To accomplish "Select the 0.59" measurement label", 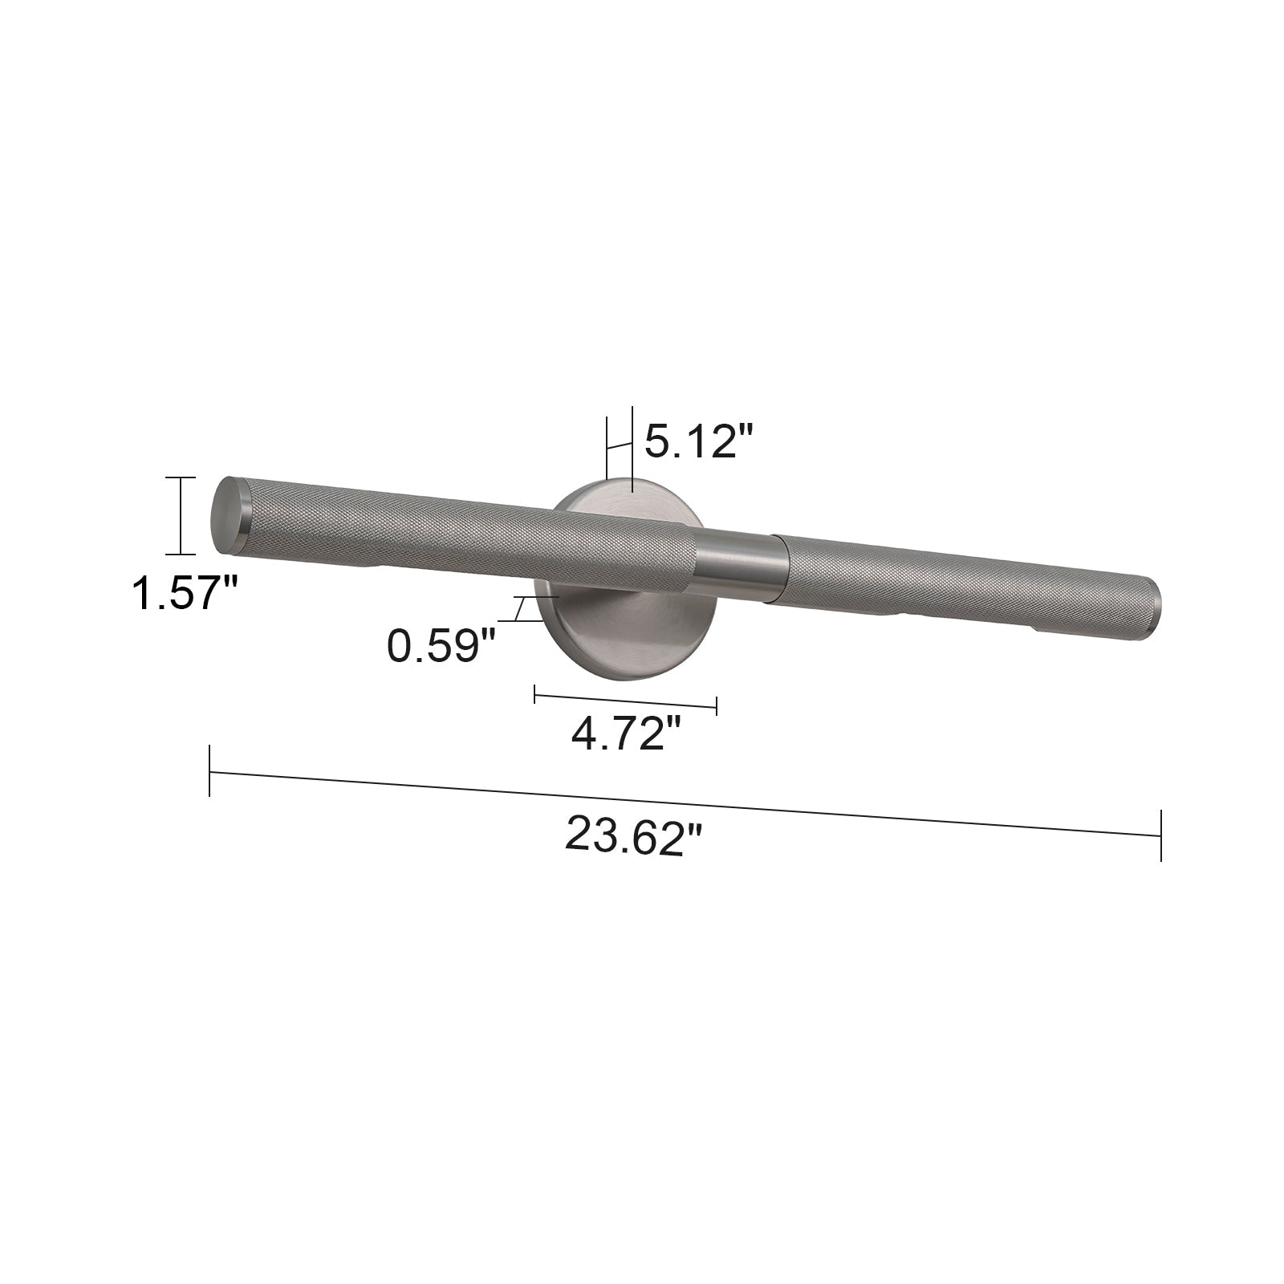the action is [x=441, y=645].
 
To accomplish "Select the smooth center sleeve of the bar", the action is [x=740, y=565].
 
